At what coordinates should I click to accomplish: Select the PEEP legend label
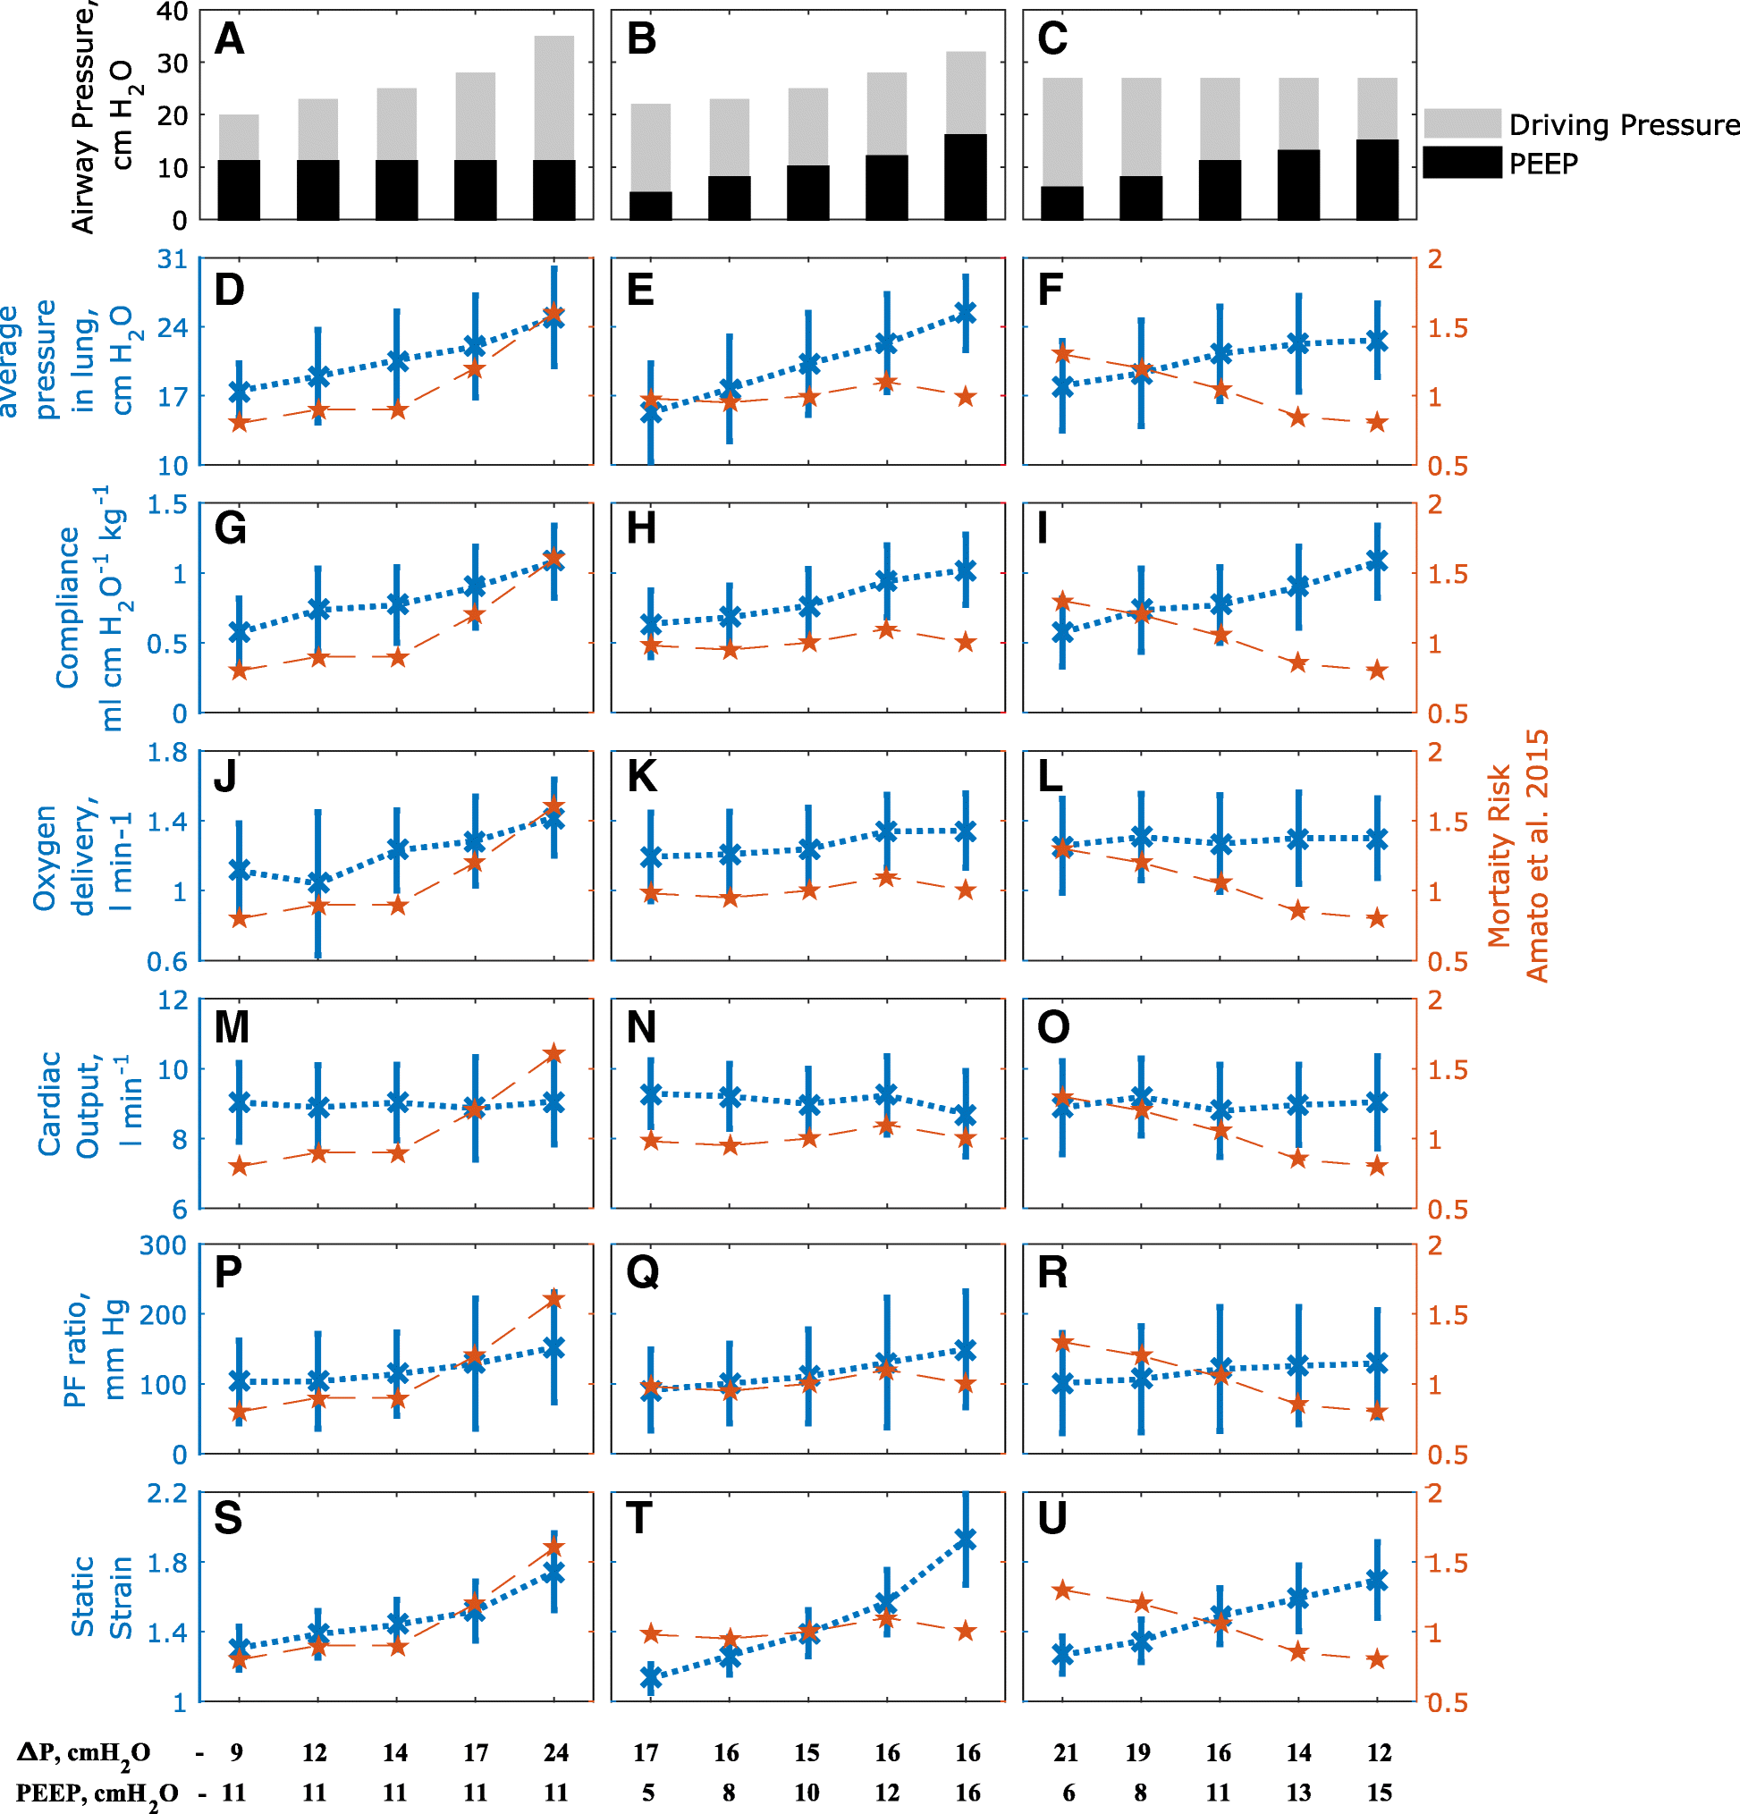pos(1543,163)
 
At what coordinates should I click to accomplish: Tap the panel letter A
pos(229,40)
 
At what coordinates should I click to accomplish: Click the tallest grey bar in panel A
pos(553,97)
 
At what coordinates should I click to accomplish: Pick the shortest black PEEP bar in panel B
pos(650,205)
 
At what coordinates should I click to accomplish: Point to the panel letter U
pos(1052,1518)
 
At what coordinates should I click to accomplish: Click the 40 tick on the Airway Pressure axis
pos(173,12)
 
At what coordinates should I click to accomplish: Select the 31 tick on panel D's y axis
pos(173,259)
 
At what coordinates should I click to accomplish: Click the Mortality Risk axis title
pos(1518,856)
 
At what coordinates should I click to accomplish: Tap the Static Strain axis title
pos(101,1597)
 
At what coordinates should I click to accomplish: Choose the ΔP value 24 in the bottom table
pos(555,1752)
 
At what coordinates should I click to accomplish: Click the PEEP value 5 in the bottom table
pos(649,1793)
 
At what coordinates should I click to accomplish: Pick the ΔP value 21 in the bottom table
pos(1065,1752)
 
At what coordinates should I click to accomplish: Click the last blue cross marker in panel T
pos(966,1540)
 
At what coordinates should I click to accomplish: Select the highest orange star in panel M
pos(554,1053)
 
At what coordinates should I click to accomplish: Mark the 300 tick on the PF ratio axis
pos(163,1245)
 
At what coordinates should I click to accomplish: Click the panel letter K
pos(642,777)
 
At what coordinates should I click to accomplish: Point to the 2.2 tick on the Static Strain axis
pos(166,1493)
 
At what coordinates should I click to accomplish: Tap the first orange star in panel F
pos(1062,353)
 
